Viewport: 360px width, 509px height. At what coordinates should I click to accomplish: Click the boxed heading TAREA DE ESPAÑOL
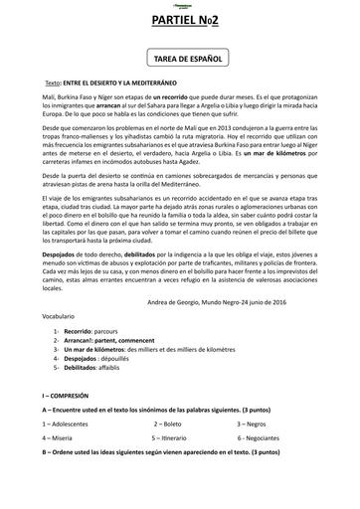coord(180,60)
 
